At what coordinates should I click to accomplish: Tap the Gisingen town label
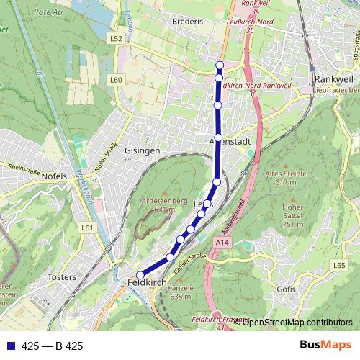click(x=142, y=150)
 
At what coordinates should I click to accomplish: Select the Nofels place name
click(x=55, y=176)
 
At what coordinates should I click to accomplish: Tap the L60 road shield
click(x=117, y=79)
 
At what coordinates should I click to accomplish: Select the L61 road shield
click(x=88, y=228)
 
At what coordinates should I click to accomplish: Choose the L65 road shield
click(x=339, y=266)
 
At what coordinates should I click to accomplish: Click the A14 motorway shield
click(x=222, y=243)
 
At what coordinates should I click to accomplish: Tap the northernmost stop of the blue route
click(x=220, y=66)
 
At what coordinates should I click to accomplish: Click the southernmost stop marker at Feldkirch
click(x=140, y=275)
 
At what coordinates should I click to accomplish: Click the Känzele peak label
click(x=179, y=292)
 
